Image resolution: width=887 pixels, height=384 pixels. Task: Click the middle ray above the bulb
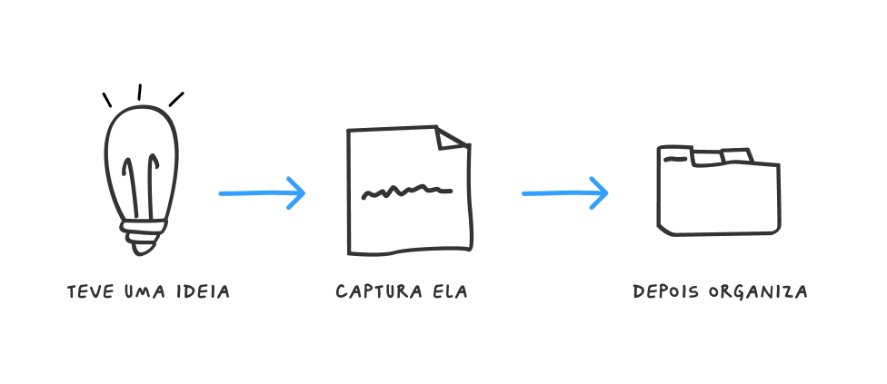point(139,92)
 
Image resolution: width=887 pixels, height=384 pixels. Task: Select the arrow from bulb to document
point(262,192)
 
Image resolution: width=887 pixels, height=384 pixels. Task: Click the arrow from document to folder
point(564,192)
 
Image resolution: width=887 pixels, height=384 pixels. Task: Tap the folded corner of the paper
point(452,139)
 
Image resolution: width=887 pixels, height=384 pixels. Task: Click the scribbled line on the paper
point(406,192)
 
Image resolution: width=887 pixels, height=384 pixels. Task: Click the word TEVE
point(89,292)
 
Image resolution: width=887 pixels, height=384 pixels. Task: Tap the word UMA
point(143,292)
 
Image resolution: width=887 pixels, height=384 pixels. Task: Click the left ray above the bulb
point(107,99)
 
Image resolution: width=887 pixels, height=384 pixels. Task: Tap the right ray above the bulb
point(176,98)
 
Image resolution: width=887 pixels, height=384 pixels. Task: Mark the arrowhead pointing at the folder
point(599,192)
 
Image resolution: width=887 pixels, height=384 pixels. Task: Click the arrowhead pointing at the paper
point(296,192)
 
